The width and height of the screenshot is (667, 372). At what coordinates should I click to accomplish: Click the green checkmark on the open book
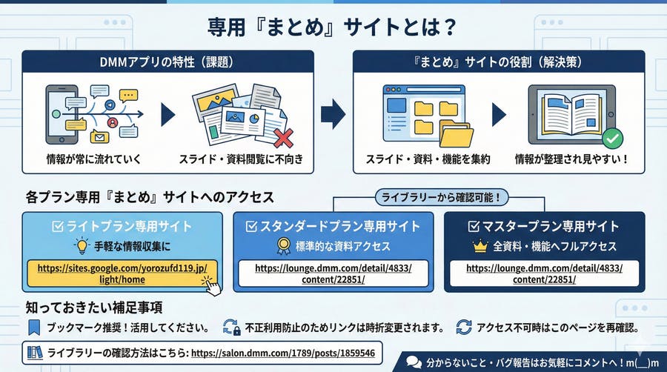(611, 138)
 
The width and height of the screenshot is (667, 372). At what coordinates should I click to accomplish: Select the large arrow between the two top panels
(333, 113)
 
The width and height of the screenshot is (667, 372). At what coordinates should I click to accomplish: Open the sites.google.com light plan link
(122, 273)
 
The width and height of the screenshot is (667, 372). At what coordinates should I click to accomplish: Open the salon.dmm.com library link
(283, 353)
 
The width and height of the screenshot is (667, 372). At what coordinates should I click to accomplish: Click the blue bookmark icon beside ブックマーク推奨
(32, 327)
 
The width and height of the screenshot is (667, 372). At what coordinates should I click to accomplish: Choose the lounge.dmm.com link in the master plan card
(545, 273)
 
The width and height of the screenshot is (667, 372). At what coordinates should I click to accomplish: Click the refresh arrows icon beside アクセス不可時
(464, 327)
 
